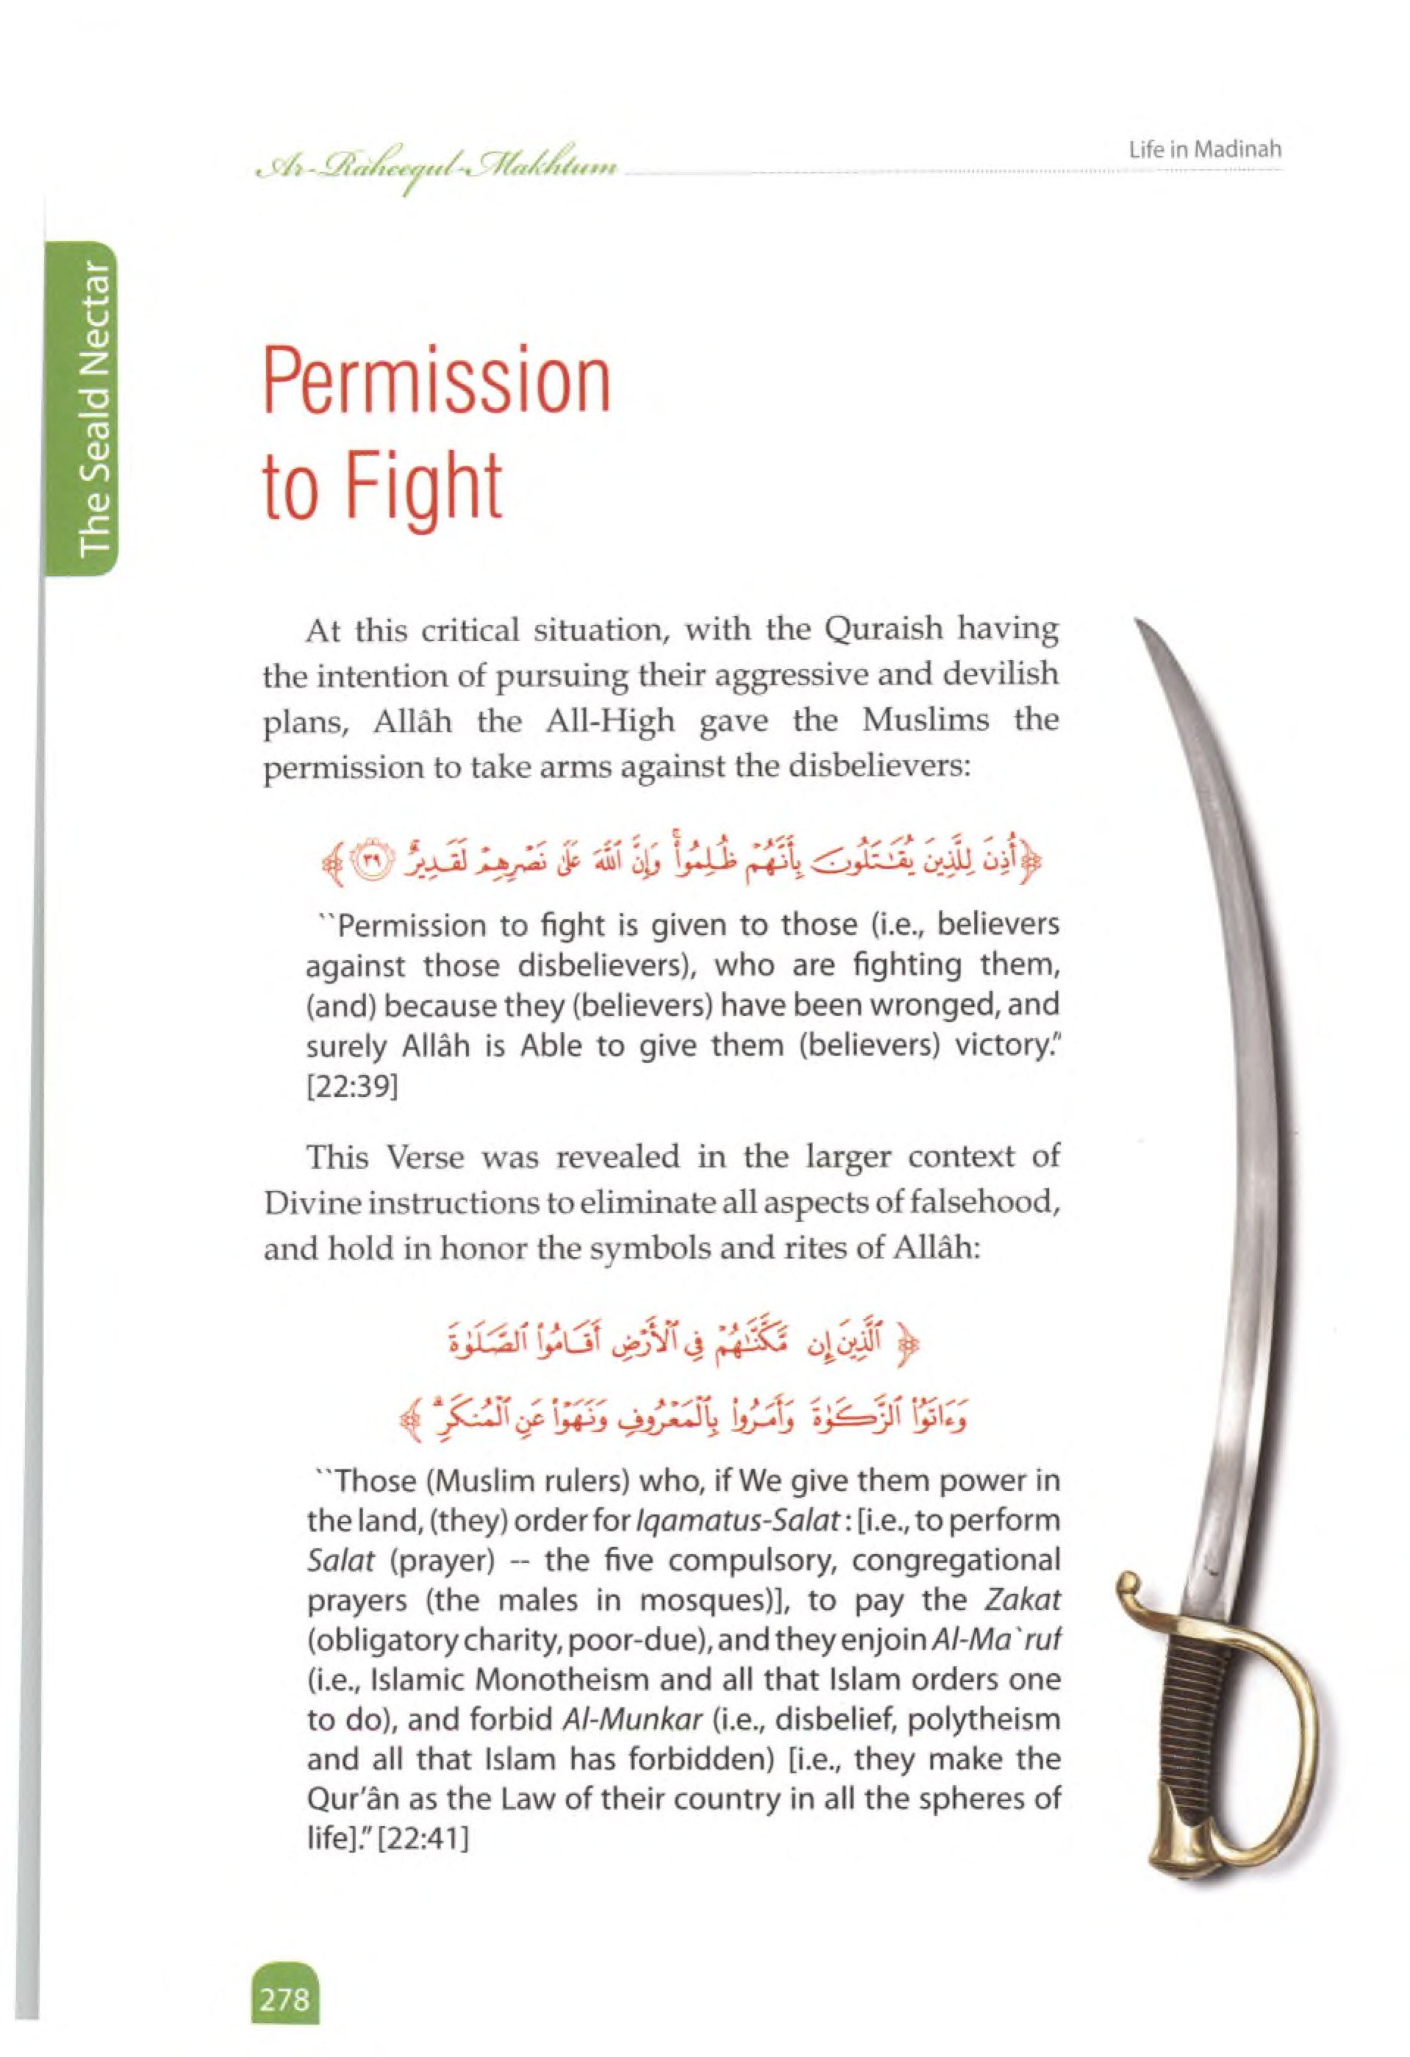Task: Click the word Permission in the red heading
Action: point(437,382)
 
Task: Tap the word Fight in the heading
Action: point(423,486)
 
